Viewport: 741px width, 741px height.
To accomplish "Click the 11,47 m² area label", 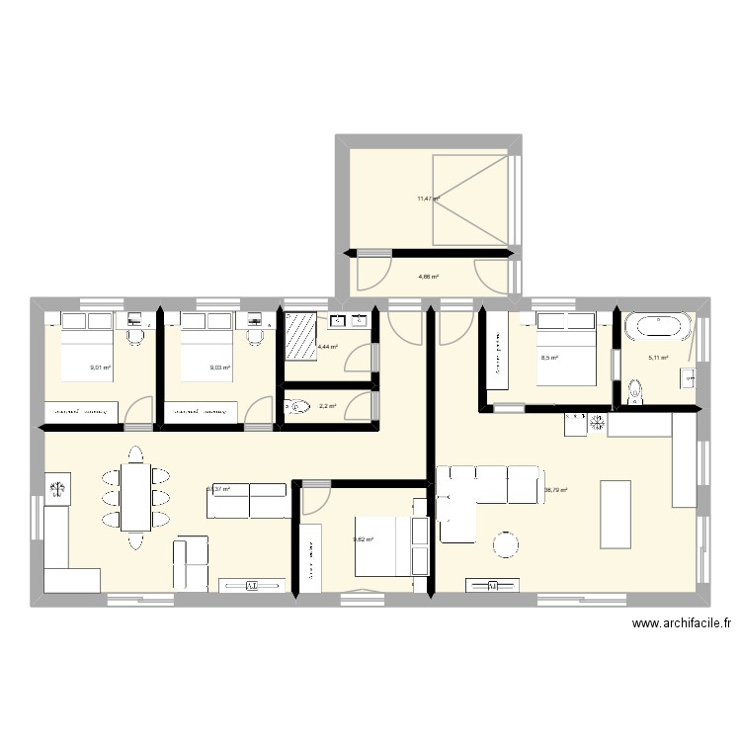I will pyautogui.click(x=427, y=199).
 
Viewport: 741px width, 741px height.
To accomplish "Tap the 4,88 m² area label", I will pyautogui.click(x=428, y=277).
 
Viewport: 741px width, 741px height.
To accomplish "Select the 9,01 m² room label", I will pyautogui.click(x=100, y=368).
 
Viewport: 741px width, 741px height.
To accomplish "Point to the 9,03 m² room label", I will pyautogui.click(x=219, y=368).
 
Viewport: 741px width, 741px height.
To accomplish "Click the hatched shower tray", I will pyautogui.click(x=300, y=337).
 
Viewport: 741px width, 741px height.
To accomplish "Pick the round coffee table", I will pyautogui.click(x=506, y=543).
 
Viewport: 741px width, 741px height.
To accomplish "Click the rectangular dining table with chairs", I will pyautogui.click(x=135, y=496).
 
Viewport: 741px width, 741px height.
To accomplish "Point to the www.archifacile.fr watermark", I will pyautogui.click(x=682, y=623).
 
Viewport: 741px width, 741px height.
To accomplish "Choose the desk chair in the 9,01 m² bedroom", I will pyautogui.click(x=136, y=337).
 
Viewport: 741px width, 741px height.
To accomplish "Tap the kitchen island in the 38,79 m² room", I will pyautogui.click(x=615, y=513).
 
